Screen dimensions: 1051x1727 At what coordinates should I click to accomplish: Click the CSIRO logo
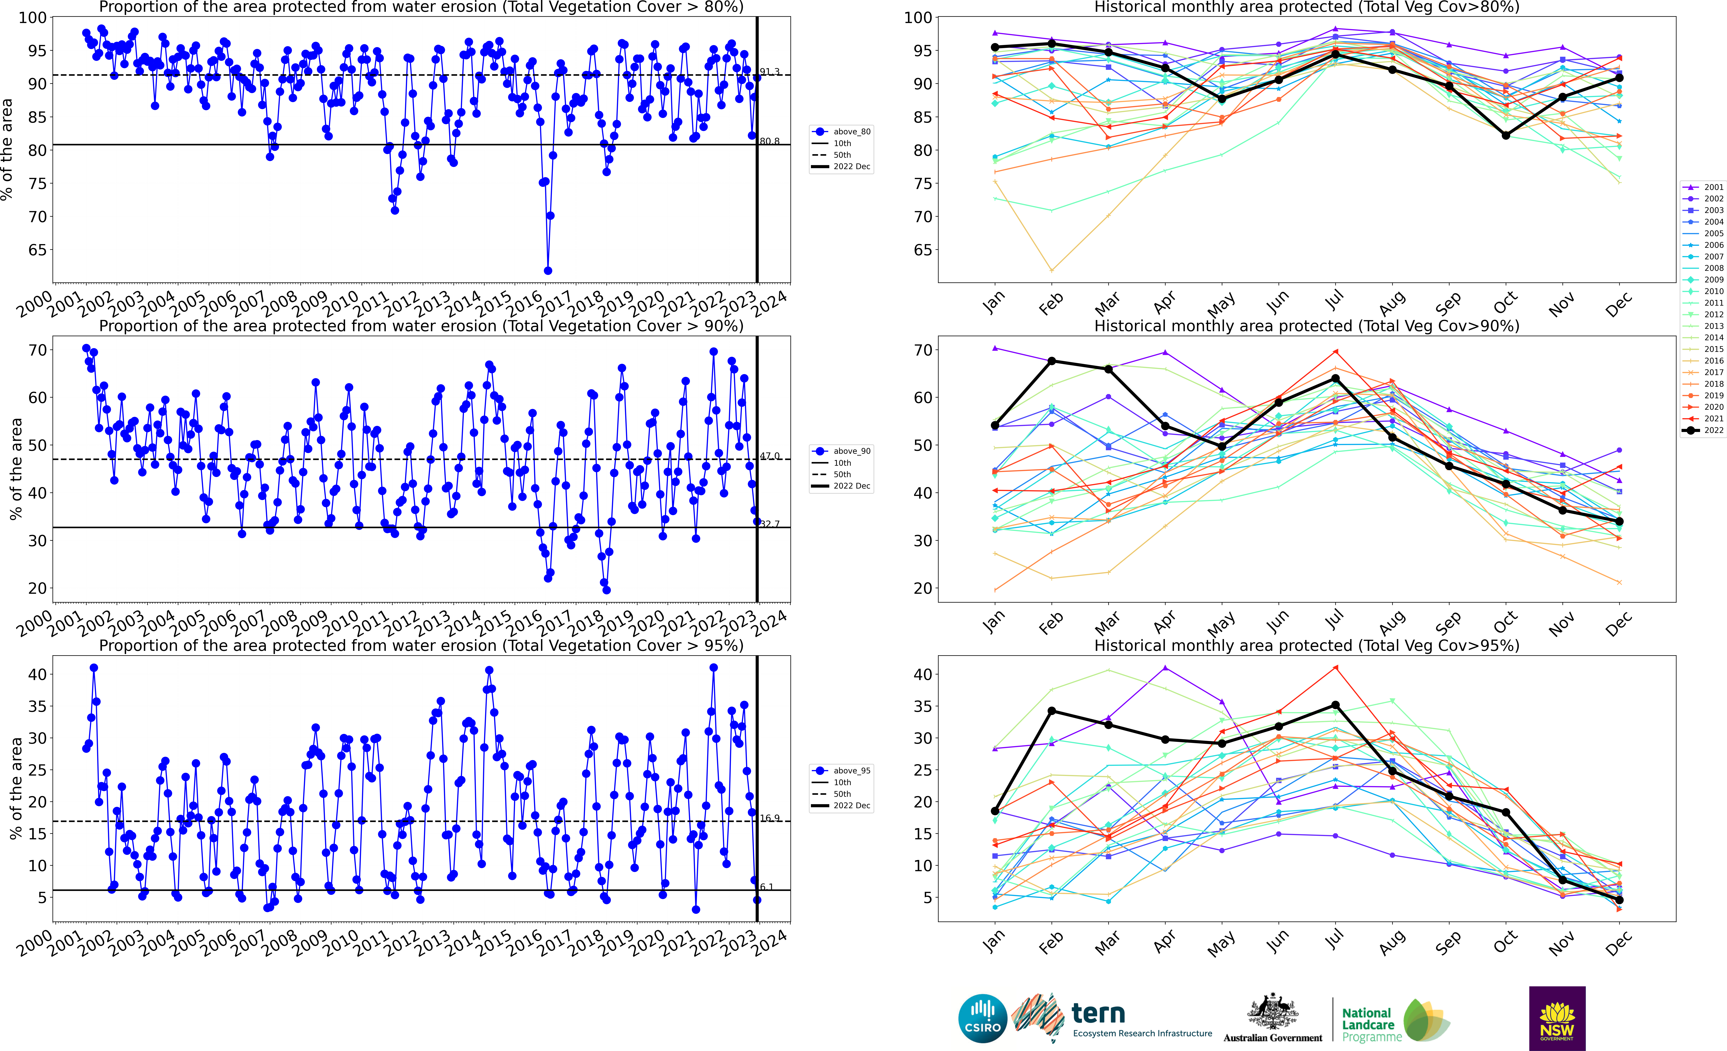(983, 1018)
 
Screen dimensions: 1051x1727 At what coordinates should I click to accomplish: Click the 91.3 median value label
(770, 71)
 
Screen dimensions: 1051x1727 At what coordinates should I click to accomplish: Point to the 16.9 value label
(770, 818)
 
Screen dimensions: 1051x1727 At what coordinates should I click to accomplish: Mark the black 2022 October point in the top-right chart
(1506, 135)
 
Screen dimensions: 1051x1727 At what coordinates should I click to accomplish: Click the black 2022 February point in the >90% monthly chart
(1051, 361)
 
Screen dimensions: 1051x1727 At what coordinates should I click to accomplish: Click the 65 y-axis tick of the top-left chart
(38, 250)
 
